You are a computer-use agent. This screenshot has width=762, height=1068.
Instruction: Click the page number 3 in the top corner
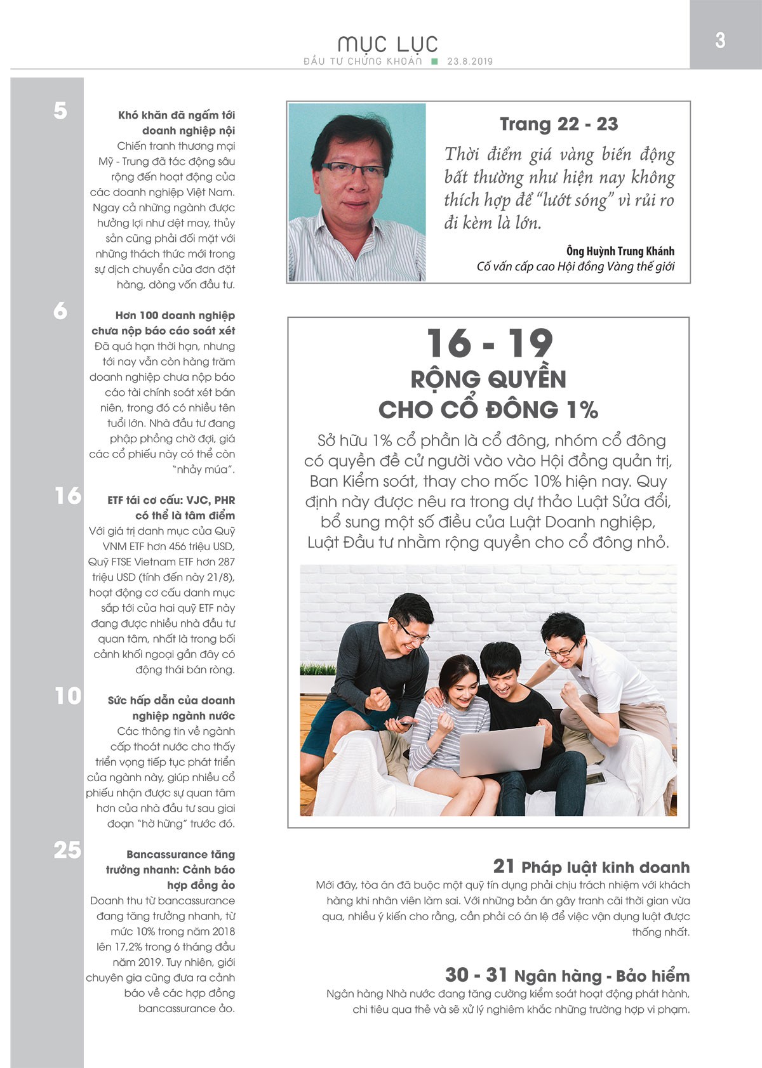tap(719, 40)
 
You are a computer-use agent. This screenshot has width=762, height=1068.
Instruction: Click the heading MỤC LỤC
tap(387, 44)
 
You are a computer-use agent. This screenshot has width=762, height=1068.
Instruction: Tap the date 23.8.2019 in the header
tap(470, 62)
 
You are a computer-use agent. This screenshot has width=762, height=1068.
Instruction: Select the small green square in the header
tap(434, 62)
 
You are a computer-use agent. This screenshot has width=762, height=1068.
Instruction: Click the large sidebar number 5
tap(60, 111)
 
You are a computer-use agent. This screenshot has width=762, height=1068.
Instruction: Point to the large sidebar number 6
tap(60, 311)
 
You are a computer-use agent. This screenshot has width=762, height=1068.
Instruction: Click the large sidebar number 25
tap(67, 850)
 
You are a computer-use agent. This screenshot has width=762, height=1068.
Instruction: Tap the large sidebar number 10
tap(67, 696)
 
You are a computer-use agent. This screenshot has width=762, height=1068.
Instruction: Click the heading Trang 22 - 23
tap(559, 124)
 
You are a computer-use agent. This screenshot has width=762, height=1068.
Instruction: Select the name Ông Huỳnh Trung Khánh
tap(620, 251)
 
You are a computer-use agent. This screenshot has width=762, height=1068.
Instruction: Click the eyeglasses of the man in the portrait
tap(354, 169)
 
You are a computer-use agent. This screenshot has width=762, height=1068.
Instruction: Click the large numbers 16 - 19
tap(489, 343)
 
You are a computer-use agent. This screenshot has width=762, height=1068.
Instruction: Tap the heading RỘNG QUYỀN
tap(488, 379)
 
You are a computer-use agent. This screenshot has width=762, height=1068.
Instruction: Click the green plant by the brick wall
tap(317, 670)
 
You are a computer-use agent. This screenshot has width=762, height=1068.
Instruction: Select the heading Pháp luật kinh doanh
tap(605, 867)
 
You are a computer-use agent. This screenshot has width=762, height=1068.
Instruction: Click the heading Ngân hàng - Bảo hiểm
tap(601, 976)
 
